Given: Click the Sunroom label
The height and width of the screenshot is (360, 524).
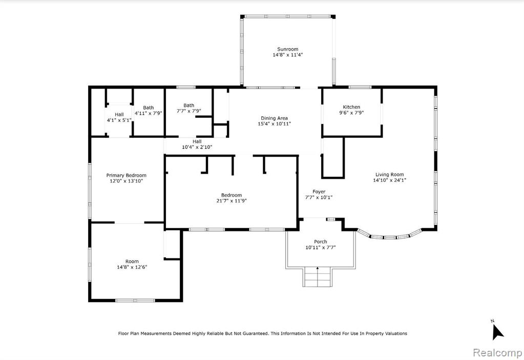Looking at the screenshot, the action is point(287,49).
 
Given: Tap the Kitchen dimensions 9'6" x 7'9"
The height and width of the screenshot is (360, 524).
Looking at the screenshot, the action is point(351,113).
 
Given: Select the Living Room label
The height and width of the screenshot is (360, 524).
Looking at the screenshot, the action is point(389,174).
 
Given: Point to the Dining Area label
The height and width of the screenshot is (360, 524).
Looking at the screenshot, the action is point(274,118).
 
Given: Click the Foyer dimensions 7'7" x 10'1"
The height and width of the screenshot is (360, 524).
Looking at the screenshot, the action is point(319,197).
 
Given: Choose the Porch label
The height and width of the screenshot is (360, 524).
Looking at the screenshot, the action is point(320,241).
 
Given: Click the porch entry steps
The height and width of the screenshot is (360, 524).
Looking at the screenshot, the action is point(318,277).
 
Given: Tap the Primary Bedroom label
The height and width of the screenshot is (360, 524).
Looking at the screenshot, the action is point(127,175).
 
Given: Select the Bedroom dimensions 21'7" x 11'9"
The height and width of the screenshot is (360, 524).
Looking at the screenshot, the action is point(231,201).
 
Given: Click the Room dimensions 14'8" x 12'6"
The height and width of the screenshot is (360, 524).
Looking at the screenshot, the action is point(132,267).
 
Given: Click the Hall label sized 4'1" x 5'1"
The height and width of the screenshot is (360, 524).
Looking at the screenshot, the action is point(119,115).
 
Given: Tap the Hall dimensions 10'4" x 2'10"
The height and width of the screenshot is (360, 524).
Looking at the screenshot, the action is point(197,147).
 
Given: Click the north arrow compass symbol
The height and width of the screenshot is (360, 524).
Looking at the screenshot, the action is point(497,330).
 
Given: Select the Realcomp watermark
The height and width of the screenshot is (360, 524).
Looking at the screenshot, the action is point(497,353).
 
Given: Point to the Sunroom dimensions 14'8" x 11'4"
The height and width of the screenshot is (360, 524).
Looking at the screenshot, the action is point(287,55).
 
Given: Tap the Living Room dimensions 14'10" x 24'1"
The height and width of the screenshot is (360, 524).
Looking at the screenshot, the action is point(389,180).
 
